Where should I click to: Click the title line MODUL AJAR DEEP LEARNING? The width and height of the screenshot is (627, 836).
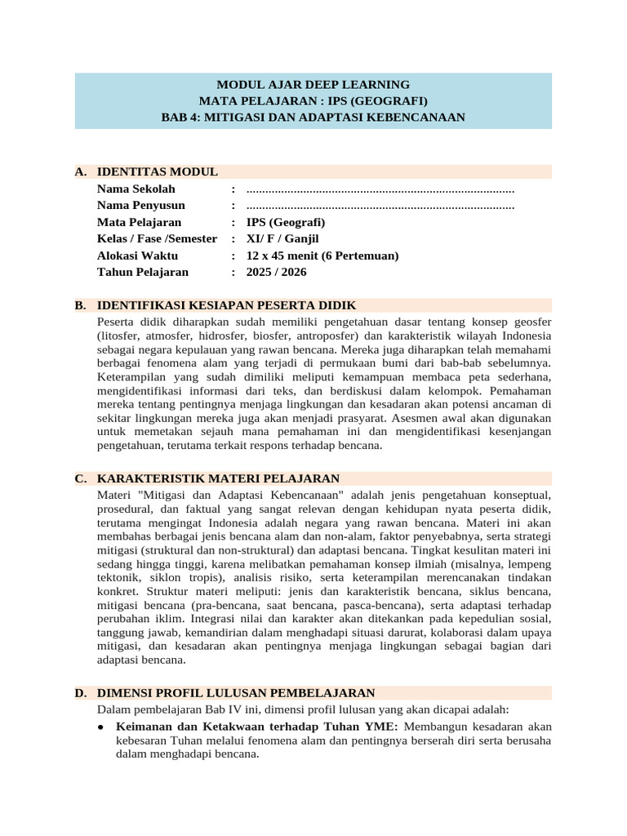click(x=313, y=84)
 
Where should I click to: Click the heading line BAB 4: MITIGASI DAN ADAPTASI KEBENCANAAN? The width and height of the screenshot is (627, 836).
click(x=313, y=117)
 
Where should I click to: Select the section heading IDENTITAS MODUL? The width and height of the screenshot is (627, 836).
click(x=157, y=171)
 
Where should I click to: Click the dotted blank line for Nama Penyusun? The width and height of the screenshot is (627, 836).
click(x=380, y=206)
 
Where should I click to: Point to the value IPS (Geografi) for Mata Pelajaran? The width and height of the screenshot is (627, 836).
click(x=286, y=222)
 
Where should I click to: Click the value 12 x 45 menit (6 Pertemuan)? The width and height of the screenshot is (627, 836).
click(x=322, y=256)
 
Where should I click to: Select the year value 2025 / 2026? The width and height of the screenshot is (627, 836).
click(x=277, y=272)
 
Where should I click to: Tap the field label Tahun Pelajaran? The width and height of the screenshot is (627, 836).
click(x=142, y=272)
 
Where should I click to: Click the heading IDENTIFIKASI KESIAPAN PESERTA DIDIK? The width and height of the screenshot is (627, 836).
click(x=226, y=305)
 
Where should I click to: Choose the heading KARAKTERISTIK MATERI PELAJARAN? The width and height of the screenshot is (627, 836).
click(x=218, y=478)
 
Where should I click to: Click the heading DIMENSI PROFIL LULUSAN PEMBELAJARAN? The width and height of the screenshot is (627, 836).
click(x=235, y=692)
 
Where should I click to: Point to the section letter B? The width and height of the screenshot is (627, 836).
click(x=80, y=305)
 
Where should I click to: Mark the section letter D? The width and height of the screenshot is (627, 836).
click(x=80, y=692)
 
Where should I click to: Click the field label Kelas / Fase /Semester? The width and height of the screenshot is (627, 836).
click(x=157, y=238)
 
